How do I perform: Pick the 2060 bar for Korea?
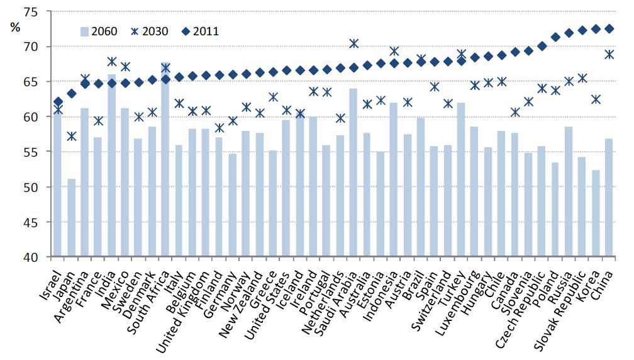click(x=595, y=213)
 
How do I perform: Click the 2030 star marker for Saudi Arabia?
click(x=353, y=43)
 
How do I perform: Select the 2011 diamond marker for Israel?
click(x=58, y=101)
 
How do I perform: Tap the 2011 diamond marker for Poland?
click(x=555, y=37)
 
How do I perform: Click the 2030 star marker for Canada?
click(x=515, y=112)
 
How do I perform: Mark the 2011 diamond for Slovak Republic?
click(x=582, y=30)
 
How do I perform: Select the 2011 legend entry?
click(x=199, y=31)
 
